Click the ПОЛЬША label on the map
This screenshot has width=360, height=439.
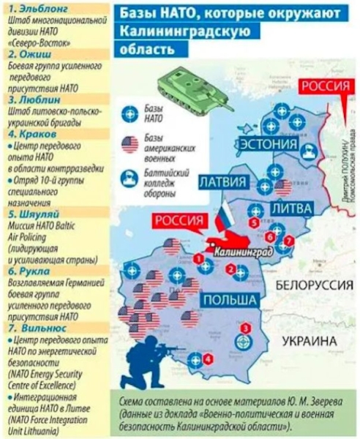(x=231, y=300)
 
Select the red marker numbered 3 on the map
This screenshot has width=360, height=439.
(x=245, y=328)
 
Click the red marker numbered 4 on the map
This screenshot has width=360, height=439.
(x=209, y=359)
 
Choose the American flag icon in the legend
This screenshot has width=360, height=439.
(x=130, y=144)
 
